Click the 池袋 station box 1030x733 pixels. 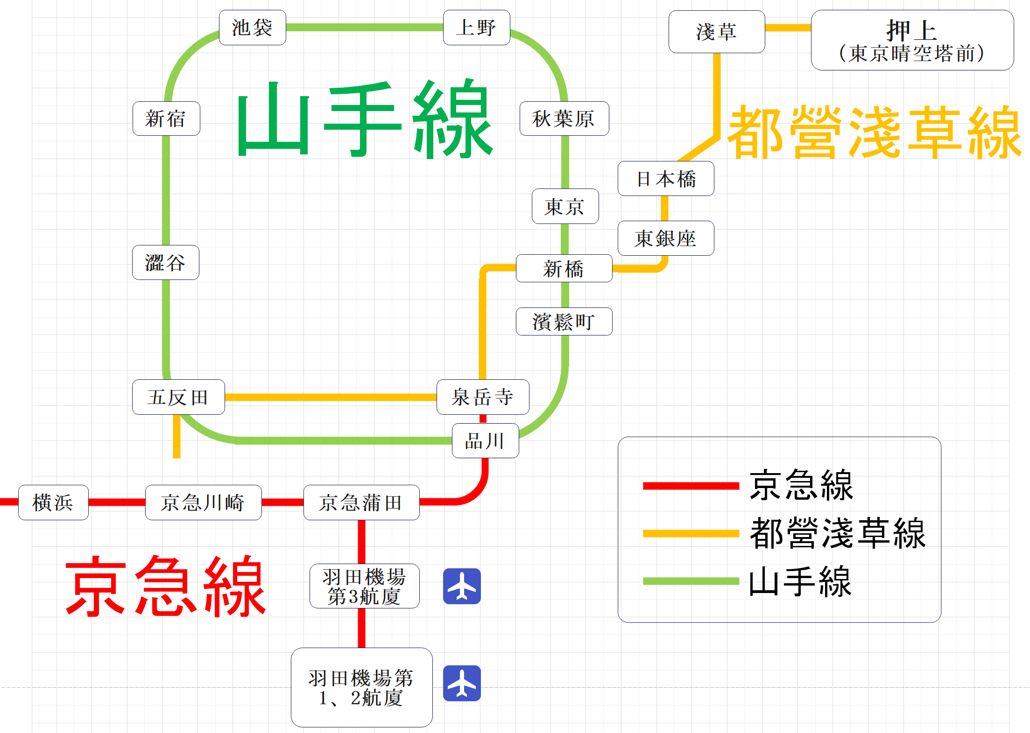(x=252, y=28)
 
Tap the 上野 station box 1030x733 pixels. (x=476, y=28)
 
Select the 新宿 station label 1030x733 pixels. (x=166, y=119)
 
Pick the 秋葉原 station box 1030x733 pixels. (x=564, y=119)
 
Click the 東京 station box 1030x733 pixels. (x=565, y=206)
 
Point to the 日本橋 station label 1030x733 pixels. (x=666, y=179)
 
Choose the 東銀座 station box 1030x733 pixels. (x=666, y=238)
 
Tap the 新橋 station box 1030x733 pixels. (x=564, y=268)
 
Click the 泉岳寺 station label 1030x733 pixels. (x=483, y=397)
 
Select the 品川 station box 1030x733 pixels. (x=485, y=440)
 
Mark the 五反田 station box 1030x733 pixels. (x=178, y=397)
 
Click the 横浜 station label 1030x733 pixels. (x=53, y=503)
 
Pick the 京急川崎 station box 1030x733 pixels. (x=203, y=503)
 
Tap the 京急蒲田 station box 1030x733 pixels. (x=361, y=503)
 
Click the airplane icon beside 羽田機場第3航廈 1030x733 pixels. (x=462, y=586)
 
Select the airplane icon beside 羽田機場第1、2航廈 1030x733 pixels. (x=462, y=683)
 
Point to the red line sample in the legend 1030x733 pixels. (x=691, y=486)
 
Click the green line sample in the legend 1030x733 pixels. (x=691, y=581)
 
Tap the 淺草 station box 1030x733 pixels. (x=717, y=32)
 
